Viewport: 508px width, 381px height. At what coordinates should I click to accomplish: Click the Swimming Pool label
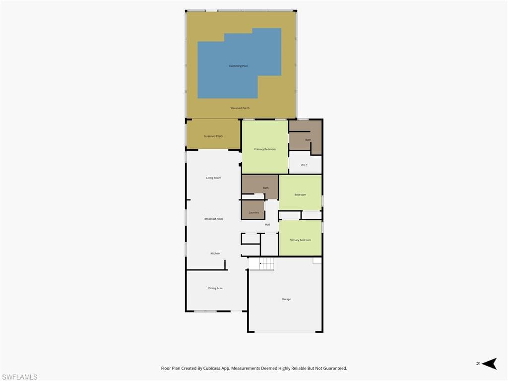pos(238,66)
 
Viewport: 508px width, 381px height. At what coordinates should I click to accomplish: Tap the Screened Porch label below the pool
pos(240,108)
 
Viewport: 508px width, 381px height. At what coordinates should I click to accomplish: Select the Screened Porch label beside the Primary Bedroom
pos(213,136)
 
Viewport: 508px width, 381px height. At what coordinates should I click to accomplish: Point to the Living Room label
pos(213,178)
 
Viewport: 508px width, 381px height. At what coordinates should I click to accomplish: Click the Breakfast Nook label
pos(213,219)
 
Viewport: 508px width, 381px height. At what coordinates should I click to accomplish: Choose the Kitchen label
pos(215,254)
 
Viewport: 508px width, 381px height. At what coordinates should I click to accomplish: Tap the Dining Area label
pos(215,288)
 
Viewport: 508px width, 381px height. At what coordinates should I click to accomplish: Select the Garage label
pos(286,299)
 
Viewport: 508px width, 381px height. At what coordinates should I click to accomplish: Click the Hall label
pos(267,225)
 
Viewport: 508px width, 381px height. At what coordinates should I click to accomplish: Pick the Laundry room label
pos(254,212)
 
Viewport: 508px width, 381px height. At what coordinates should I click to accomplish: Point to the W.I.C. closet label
pos(305,165)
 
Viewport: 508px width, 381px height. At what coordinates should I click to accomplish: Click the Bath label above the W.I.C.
pos(308,140)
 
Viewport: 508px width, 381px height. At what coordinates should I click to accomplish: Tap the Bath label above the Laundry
pos(265,188)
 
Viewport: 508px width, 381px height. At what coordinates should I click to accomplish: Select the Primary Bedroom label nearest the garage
pos(300,240)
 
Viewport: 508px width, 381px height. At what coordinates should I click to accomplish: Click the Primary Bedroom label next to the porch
pos(265,149)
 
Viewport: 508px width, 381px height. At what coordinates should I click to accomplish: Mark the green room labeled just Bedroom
pos(300,194)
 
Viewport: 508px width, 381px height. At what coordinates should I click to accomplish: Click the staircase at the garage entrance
pos(261,264)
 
